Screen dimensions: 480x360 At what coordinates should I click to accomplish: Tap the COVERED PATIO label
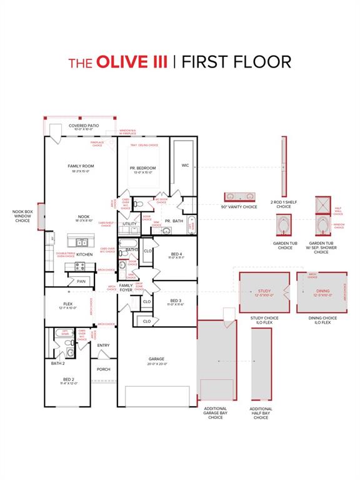click(84, 126)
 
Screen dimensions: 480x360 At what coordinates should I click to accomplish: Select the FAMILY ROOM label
click(81, 166)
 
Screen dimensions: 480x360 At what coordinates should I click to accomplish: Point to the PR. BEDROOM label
click(143, 168)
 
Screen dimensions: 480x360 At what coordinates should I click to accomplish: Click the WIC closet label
click(185, 166)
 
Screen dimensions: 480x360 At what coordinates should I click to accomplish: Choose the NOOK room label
click(84, 217)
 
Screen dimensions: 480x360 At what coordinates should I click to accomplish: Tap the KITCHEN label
click(84, 254)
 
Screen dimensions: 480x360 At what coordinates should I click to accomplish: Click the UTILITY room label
click(130, 223)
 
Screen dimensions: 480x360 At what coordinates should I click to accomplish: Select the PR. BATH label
click(174, 221)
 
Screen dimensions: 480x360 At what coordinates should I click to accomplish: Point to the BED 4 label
click(176, 254)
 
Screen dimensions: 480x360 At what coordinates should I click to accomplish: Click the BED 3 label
click(176, 301)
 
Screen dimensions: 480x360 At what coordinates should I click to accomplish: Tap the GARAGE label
click(157, 359)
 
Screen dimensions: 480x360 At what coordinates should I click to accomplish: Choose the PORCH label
click(103, 369)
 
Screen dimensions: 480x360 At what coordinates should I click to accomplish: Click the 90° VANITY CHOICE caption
click(239, 207)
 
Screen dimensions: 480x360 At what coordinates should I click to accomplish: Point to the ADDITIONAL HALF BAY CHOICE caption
click(261, 413)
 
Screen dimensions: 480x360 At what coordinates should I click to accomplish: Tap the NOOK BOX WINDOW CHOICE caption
click(22, 216)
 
